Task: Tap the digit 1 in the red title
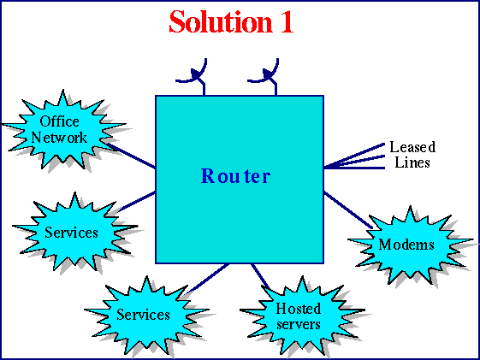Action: (286, 21)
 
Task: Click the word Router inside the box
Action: (235, 177)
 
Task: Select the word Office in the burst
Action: (60, 122)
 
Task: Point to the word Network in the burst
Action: (60, 137)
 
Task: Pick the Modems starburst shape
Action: (406, 245)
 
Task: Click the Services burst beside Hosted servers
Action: (143, 315)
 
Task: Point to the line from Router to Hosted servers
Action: (260, 275)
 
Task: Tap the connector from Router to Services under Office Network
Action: (137, 201)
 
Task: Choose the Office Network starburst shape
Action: (62, 130)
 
